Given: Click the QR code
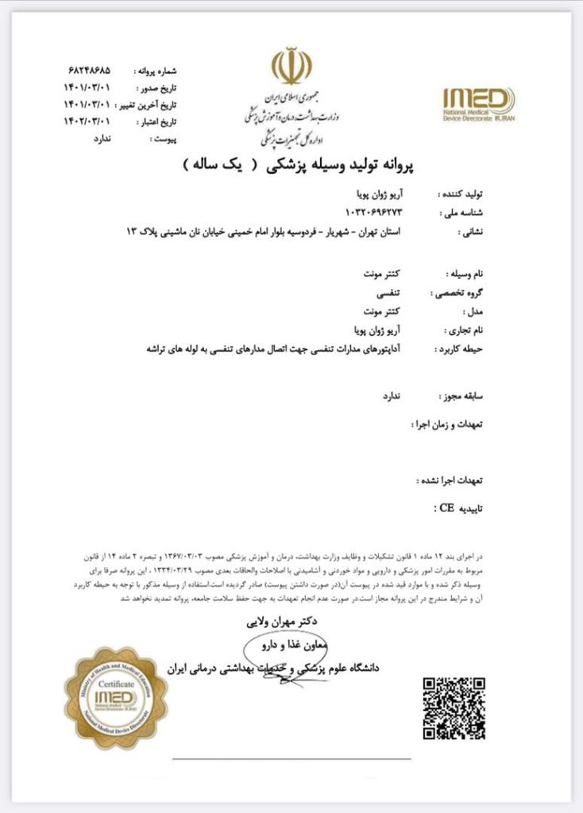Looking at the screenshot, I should coord(454,708).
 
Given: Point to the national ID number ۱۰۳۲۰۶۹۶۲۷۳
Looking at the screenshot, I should coord(376,212).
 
